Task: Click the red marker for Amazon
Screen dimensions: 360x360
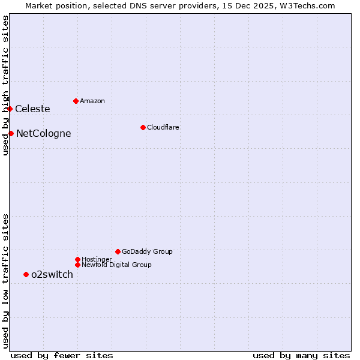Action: pyautogui.click(x=76, y=101)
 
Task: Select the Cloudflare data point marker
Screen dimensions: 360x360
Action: pyautogui.click(x=143, y=127)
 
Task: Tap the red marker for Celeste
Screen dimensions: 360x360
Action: pyautogui.click(x=10, y=109)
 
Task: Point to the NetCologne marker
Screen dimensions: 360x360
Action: pyautogui.click(x=11, y=133)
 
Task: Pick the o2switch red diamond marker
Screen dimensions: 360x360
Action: pyautogui.click(x=26, y=274)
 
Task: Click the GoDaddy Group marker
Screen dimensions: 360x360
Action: pyautogui.click(x=118, y=251)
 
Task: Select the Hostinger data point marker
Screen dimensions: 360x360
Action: pyautogui.click(x=77, y=259)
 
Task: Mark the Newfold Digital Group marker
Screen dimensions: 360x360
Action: pyautogui.click(x=77, y=265)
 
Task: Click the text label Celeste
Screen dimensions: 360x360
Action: pyautogui.click(x=32, y=109)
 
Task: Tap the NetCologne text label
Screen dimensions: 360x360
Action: pyautogui.click(x=43, y=134)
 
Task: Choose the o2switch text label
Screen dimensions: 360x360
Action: pyautogui.click(x=52, y=275)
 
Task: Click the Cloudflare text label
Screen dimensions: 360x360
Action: pyautogui.click(x=163, y=127)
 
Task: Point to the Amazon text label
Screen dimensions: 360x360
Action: pyautogui.click(x=92, y=101)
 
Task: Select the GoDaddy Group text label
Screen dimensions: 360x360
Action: pyautogui.click(x=147, y=251)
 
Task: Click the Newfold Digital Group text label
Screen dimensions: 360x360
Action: pyautogui.click(x=117, y=265)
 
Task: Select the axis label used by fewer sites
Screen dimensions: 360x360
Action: pyautogui.click(x=62, y=355)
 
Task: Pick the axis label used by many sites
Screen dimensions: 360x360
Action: pyautogui.click(x=301, y=355)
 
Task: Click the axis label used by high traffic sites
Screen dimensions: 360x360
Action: pyautogui.click(x=5, y=85)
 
